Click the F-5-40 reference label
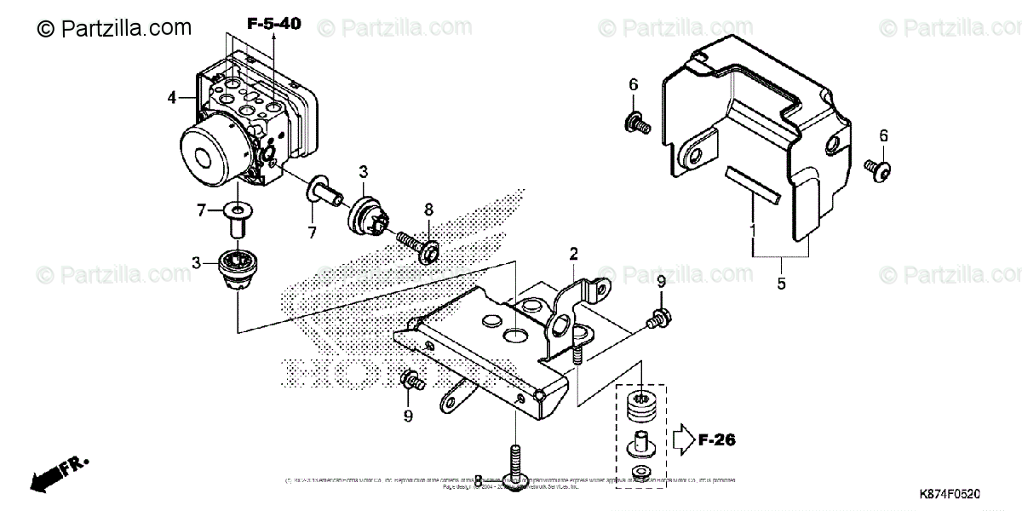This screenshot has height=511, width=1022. pos(274,24)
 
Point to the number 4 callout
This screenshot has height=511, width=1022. pos(173,98)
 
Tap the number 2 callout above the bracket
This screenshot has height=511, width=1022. pos(574,253)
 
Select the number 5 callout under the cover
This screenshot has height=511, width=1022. pos(781,284)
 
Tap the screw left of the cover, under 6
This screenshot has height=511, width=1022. pos(638,122)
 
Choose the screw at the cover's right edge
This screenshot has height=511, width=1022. pos(878,169)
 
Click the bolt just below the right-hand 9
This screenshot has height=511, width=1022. pos(656,321)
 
